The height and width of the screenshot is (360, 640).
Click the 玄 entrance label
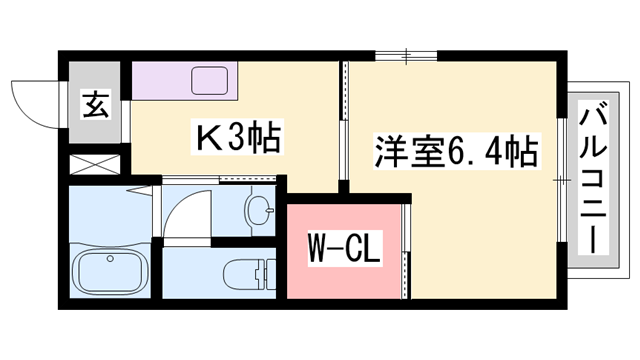coord(95,103)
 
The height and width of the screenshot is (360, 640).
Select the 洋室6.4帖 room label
coord(455,153)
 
